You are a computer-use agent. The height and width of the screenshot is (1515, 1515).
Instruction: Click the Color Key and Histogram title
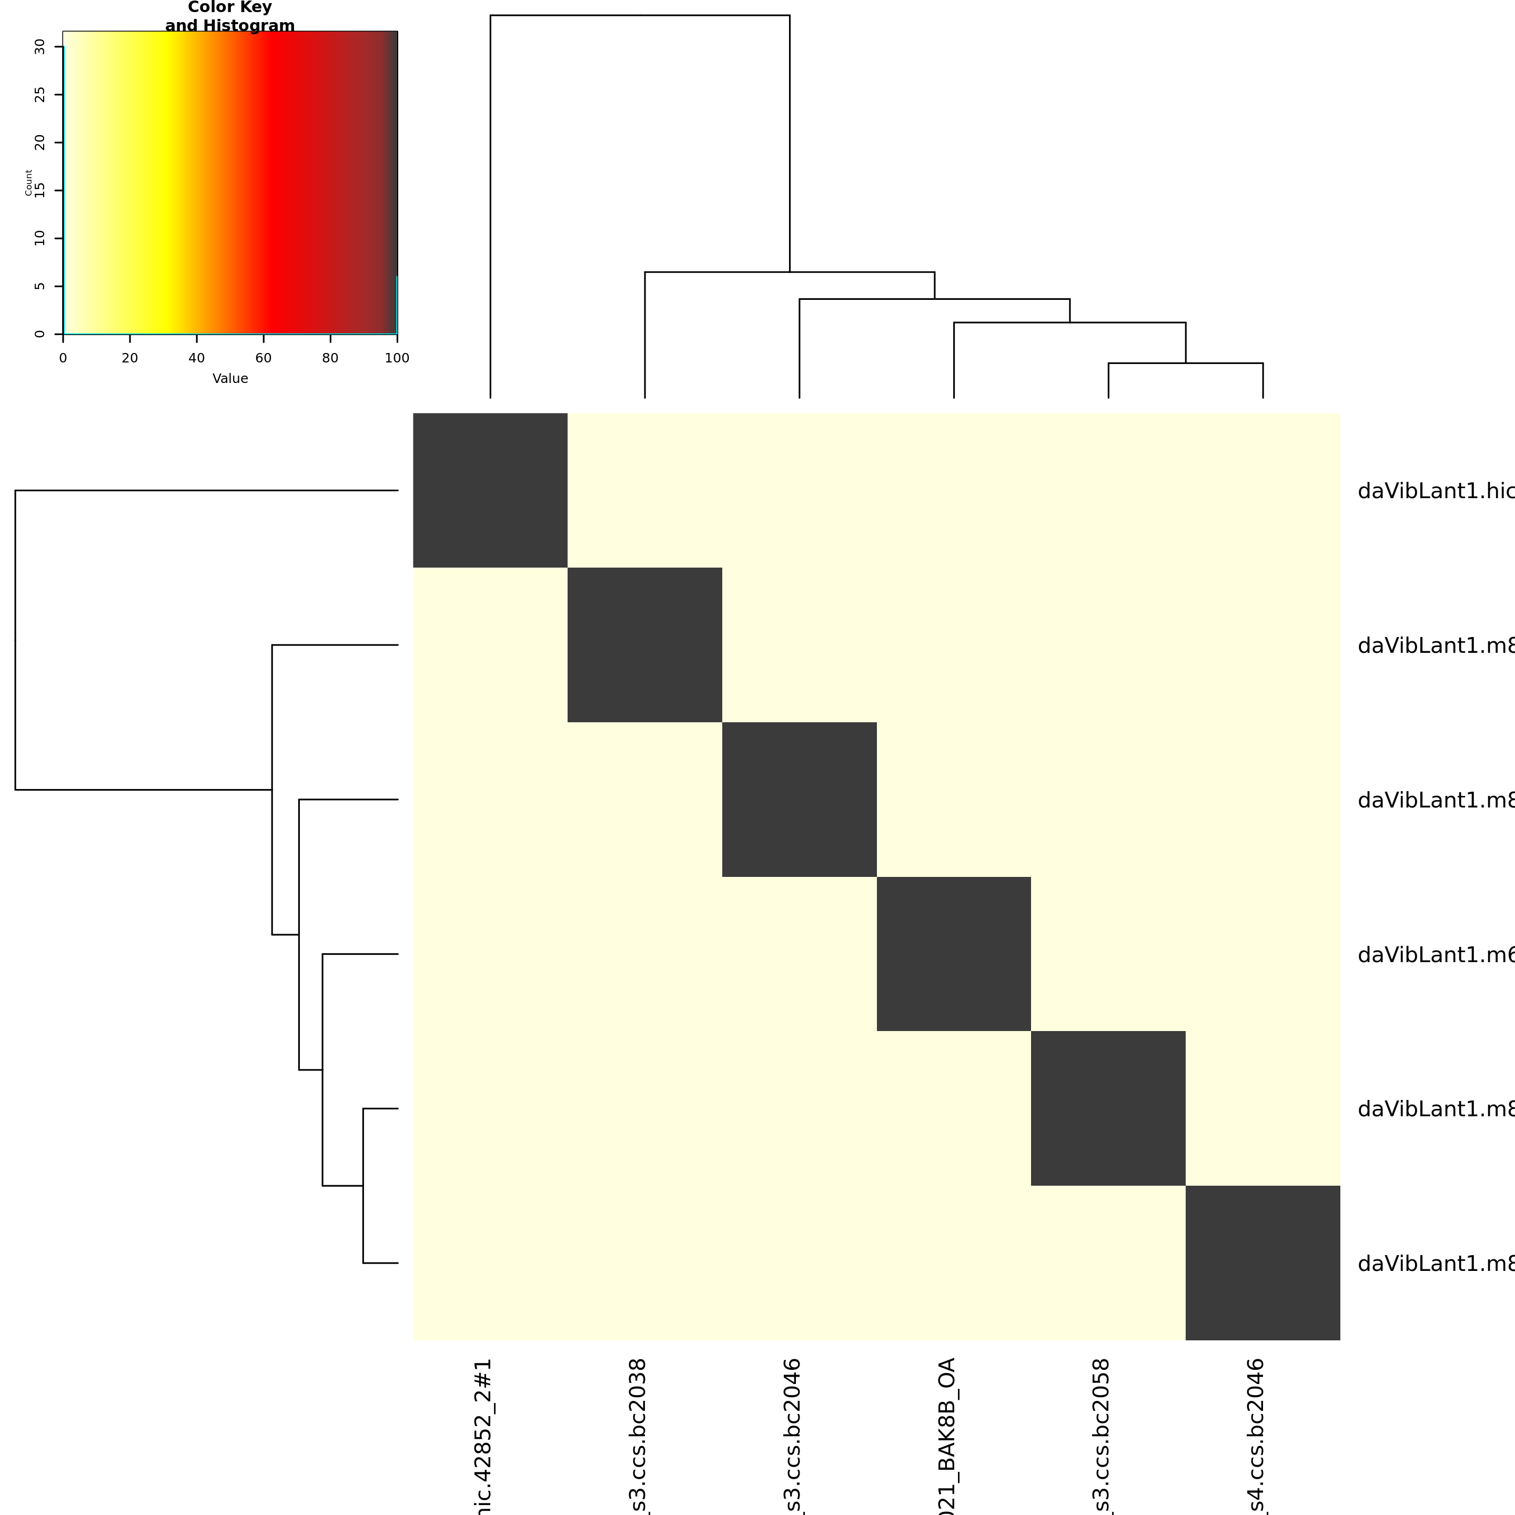pyautogui.click(x=230, y=16)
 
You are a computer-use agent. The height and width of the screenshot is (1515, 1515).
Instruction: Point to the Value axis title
pyautogui.click(x=230, y=379)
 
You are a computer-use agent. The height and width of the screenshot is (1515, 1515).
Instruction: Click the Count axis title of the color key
pyautogui.click(x=28, y=183)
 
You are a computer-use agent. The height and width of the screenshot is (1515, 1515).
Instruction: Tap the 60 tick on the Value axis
pyautogui.click(x=264, y=358)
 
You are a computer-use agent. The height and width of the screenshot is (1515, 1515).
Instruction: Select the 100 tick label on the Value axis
pyautogui.click(x=397, y=358)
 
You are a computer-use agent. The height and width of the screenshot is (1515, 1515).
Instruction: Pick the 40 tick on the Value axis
pyautogui.click(x=197, y=358)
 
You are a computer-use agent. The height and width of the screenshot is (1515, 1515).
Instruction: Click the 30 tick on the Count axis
pyautogui.click(x=40, y=47)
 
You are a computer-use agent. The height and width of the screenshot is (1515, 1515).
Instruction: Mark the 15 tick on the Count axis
pyautogui.click(x=40, y=190)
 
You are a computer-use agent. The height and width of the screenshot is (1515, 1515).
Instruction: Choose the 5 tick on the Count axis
pyautogui.click(x=40, y=286)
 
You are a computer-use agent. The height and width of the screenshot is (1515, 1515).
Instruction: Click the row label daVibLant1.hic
pyautogui.click(x=1435, y=491)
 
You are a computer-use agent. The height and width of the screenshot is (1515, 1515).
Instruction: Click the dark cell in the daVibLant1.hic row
pyautogui.click(x=490, y=490)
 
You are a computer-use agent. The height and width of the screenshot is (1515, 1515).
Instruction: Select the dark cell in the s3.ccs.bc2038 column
pyautogui.click(x=644, y=644)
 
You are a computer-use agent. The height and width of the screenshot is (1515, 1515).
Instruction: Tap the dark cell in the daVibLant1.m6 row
pyautogui.click(x=954, y=954)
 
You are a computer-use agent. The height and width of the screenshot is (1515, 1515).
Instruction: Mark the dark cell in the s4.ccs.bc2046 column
pyautogui.click(x=1262, y=1262)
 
